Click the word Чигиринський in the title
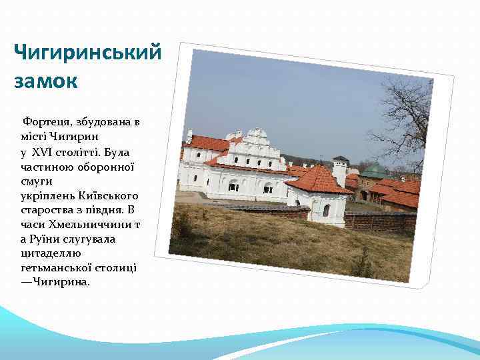pos(87,53)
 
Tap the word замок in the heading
pos(45,82)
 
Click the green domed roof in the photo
pos(374,170)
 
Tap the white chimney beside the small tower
pos(340,172)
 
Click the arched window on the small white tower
pos(326,210)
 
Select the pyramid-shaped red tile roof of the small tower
pos(318,179)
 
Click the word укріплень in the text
pos(49,195)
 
